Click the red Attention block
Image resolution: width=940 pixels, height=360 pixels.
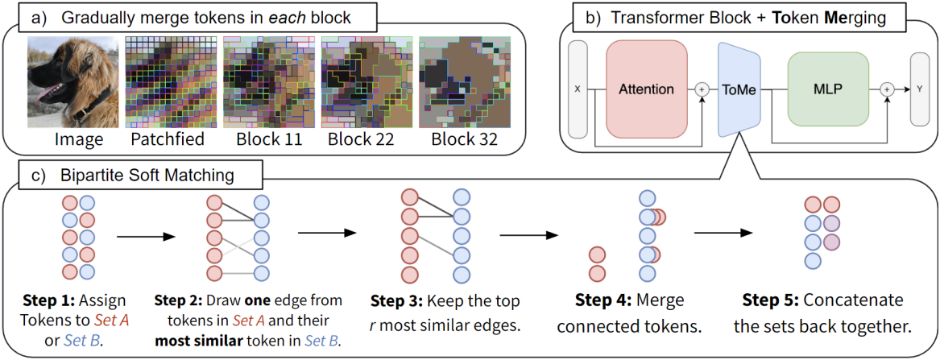(647, 89)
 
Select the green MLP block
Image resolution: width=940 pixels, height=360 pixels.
(828, 89)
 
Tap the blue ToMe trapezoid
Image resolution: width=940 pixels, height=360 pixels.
(739, 89)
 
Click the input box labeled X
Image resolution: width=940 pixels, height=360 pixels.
(579, 89)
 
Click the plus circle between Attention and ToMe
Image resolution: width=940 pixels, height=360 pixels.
(702, 89)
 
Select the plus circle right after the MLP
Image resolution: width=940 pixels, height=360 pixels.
(887, 89)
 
